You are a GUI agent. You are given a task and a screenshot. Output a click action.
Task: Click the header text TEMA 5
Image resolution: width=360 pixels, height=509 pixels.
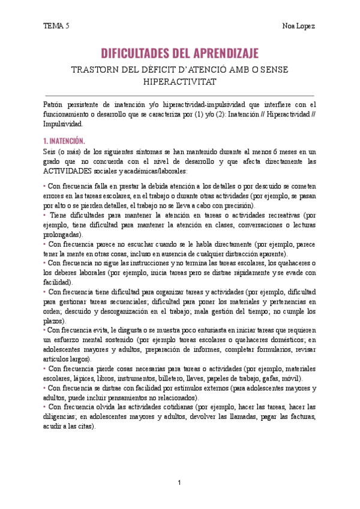(x=56, y=26)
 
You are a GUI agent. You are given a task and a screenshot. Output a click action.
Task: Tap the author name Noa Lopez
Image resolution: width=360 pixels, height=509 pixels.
(x=299, y=26)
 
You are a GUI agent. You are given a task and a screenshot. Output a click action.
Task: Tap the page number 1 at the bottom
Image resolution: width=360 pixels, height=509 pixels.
(x=179, y=482)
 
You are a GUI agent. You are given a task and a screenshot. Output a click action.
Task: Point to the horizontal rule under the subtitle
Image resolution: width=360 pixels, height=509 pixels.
(x=179, y=95)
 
